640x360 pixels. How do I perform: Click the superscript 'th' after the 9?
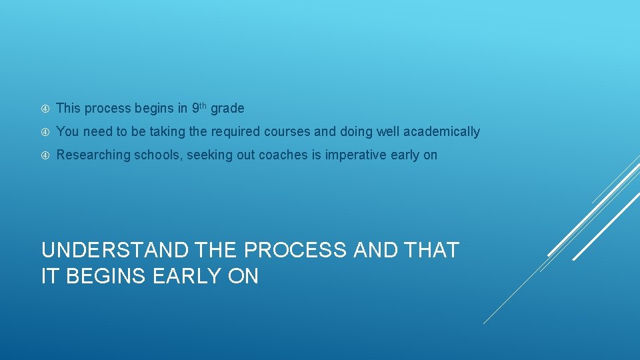(203, 105)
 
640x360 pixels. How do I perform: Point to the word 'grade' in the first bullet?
(227, 109)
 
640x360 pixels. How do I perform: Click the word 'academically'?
(446, 132)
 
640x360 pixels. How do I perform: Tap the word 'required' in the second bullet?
(236, 132)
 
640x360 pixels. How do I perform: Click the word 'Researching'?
(93, 155)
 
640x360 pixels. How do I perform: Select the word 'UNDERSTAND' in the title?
(115, 251)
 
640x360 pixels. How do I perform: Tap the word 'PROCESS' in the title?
(295, 251)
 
